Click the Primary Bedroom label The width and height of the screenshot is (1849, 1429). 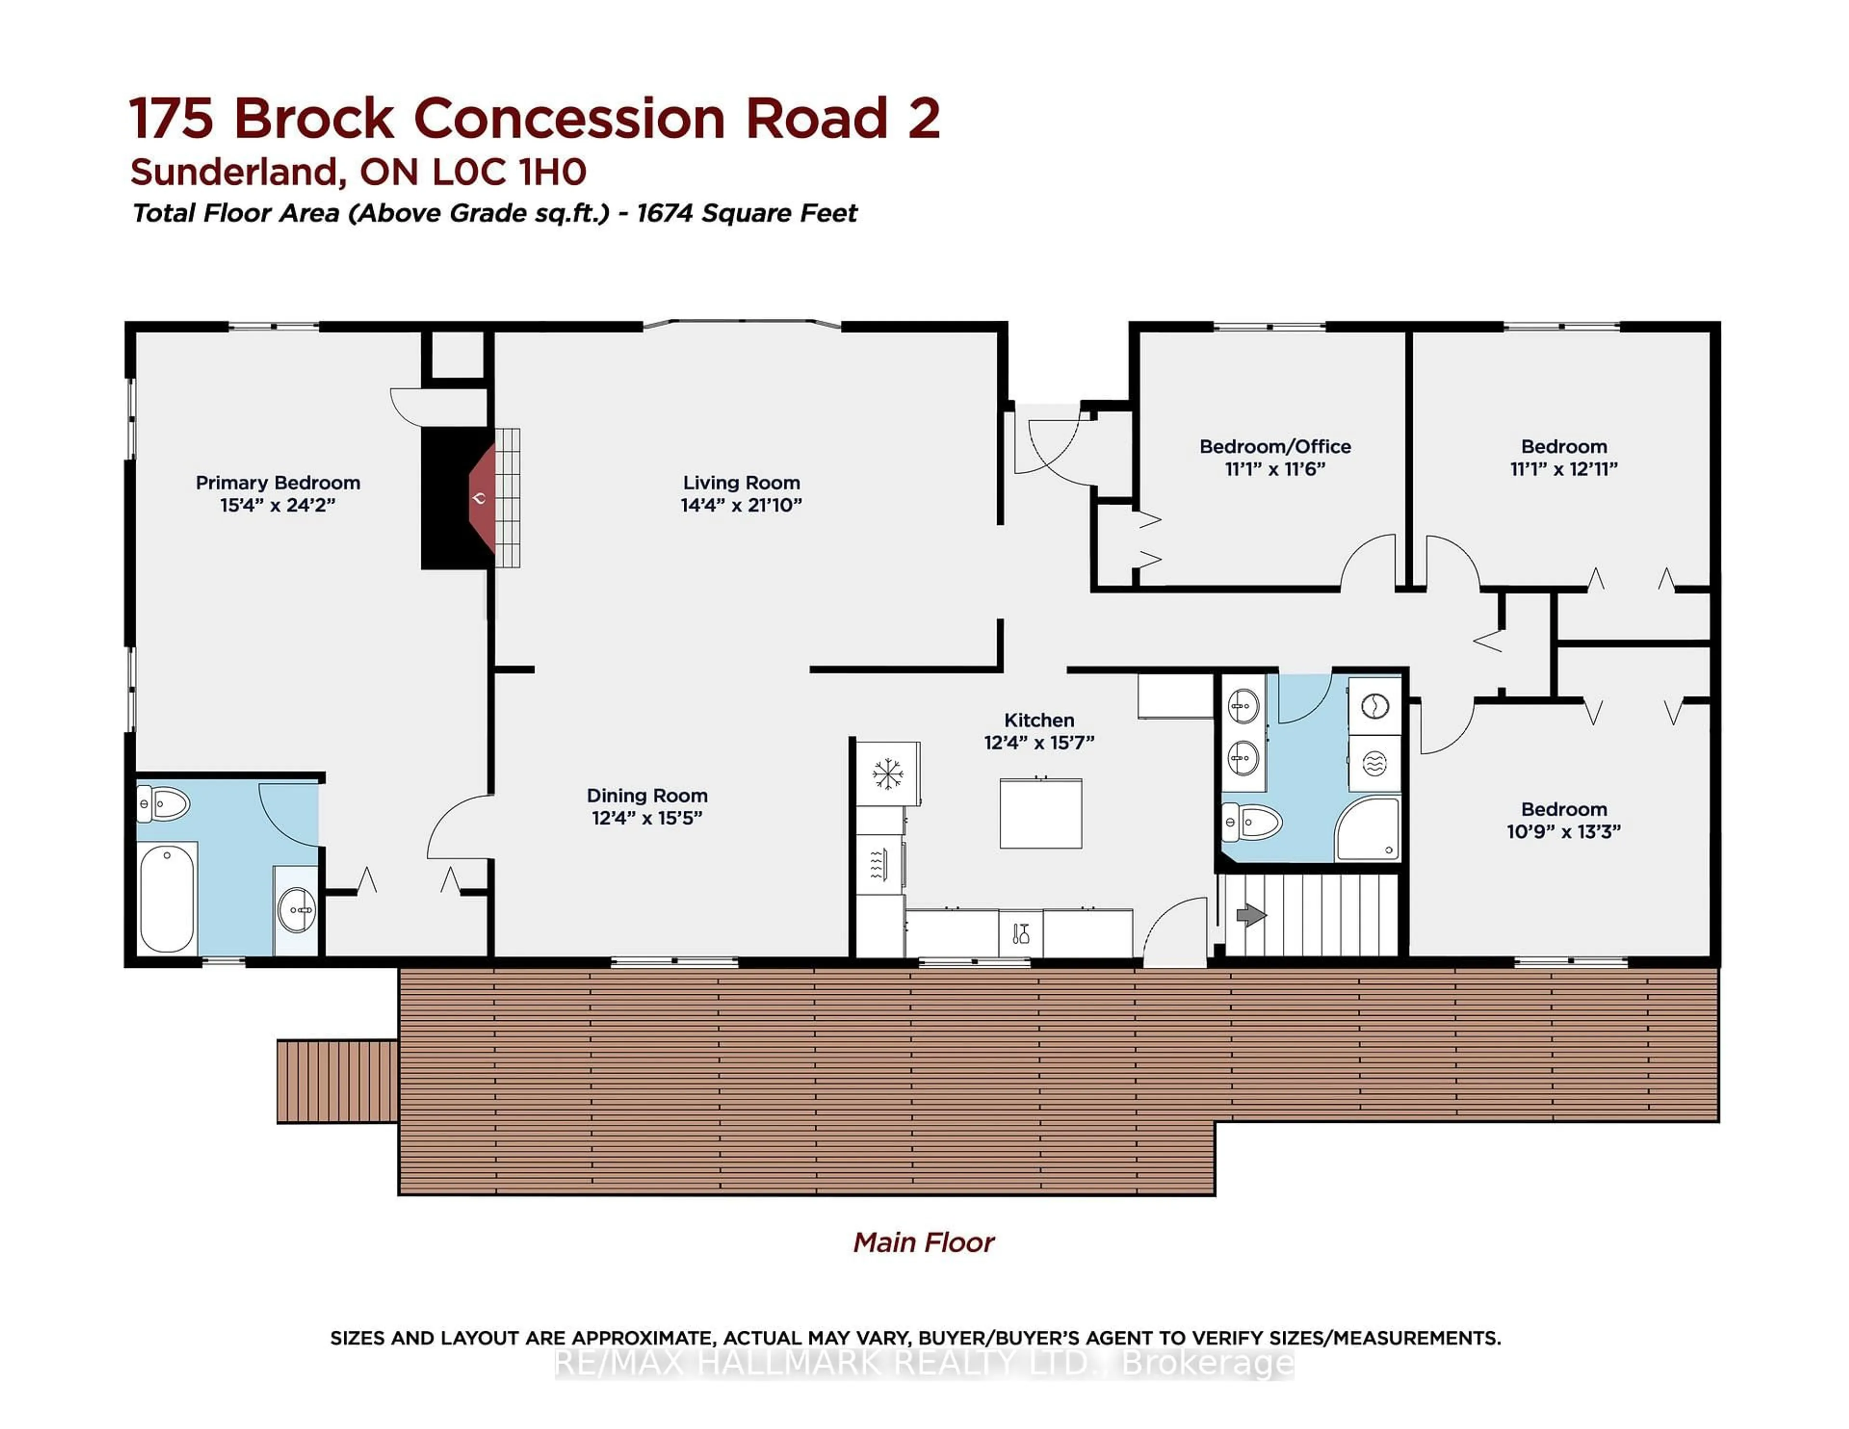(278, 482)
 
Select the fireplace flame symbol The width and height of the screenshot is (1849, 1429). (479, 499)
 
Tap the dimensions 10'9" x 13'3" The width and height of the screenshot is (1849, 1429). (1563, 831)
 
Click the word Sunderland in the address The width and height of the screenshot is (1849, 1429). (234, 173)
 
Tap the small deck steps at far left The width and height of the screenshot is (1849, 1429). (337, 1081)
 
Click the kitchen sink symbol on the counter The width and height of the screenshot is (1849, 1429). (1020, 934)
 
